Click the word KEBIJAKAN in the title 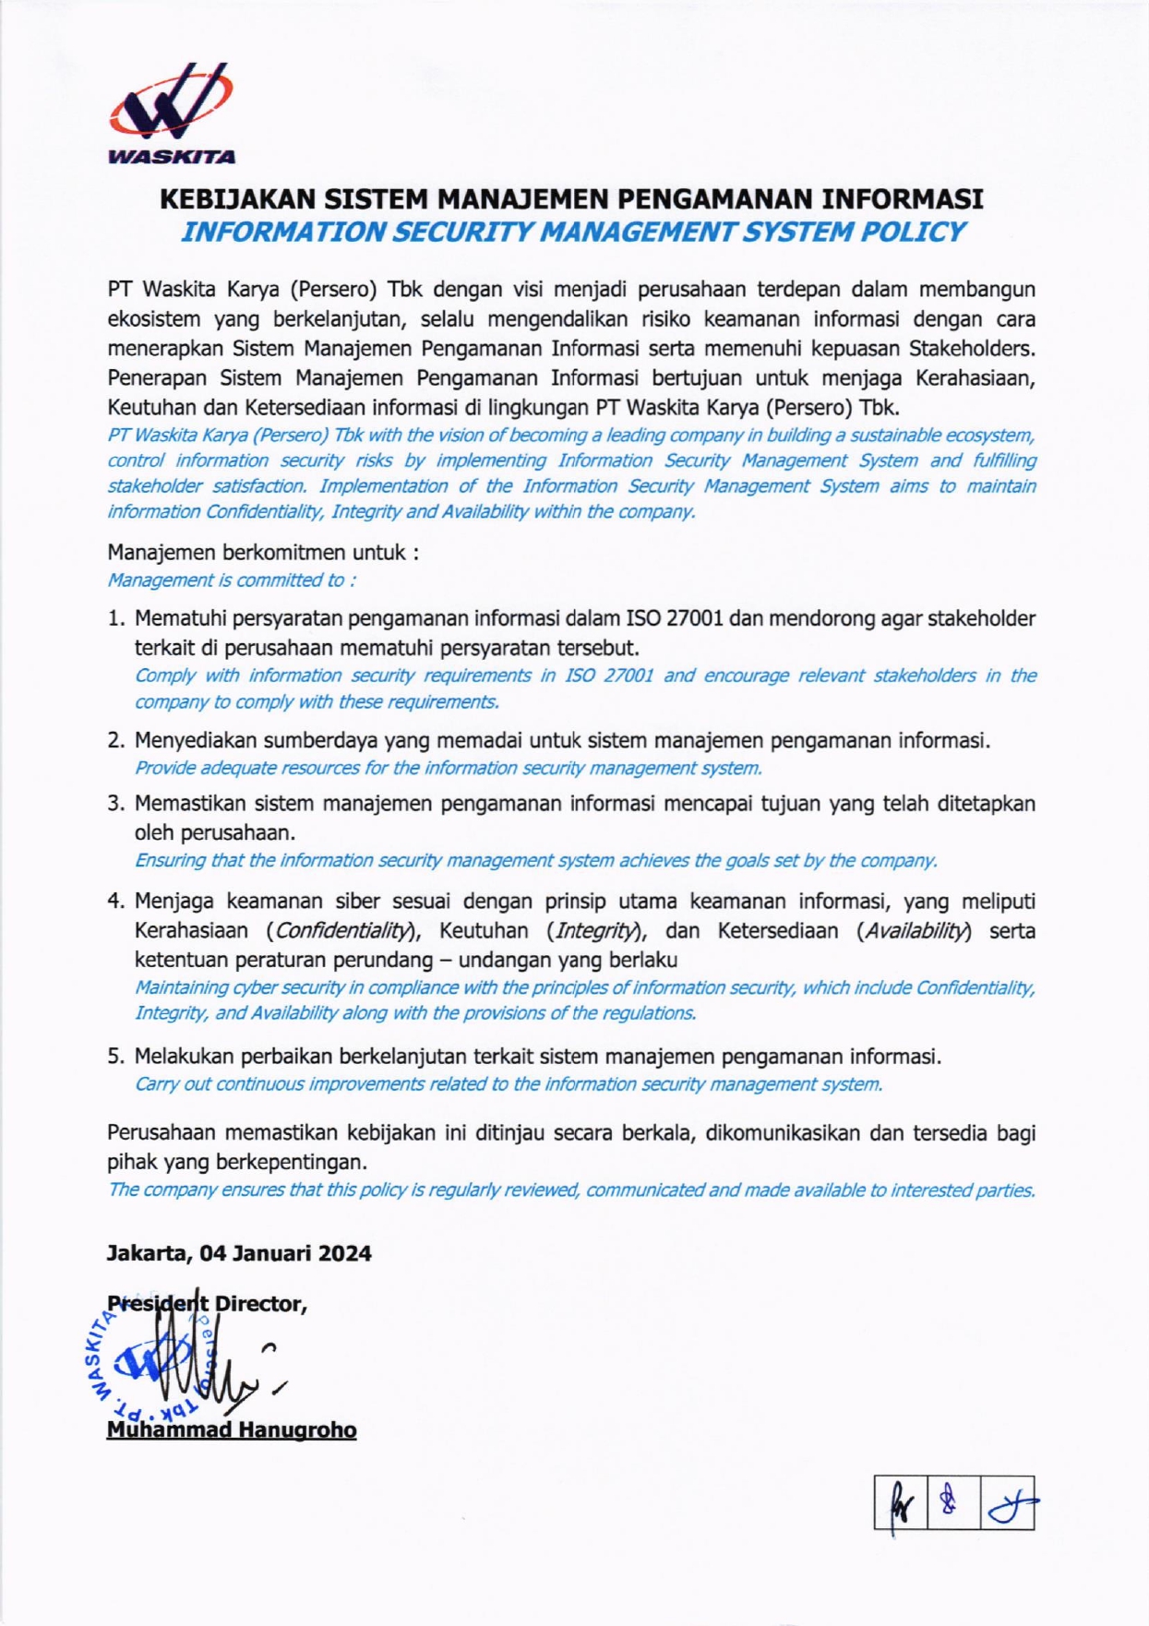pyautogui.click(x=233, y=199)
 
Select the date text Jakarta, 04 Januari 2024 pyautogui.click(x=239, y=1253)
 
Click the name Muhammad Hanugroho pyautogui.click(x=232, y=1430)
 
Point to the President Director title pyautogui.click(x=207, y=1304)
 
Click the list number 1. pyautogui.click(x=115, y=619)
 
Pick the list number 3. pyautogui.click(x=115, y=804)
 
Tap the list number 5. pyautogui.click(x=115, y=1057)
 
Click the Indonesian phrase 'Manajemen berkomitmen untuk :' pyautogui.click(x=263, y=553)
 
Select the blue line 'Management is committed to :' pyautogui.click(x=232, y=580)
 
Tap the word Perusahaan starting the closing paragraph pyautogui.click(x=161, y=1133)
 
